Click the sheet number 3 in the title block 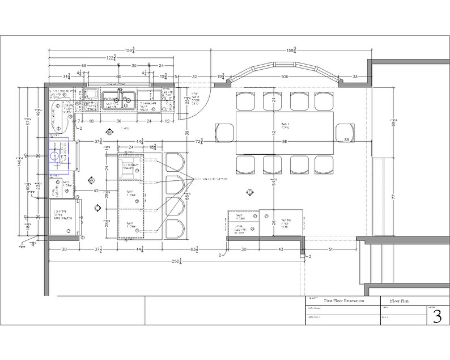[436, 316]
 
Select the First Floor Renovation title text [343, 300]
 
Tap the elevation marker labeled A [91, 180]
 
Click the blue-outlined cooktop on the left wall [58, 155]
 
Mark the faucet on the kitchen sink [120, 91]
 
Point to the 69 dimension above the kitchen [83, 66]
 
